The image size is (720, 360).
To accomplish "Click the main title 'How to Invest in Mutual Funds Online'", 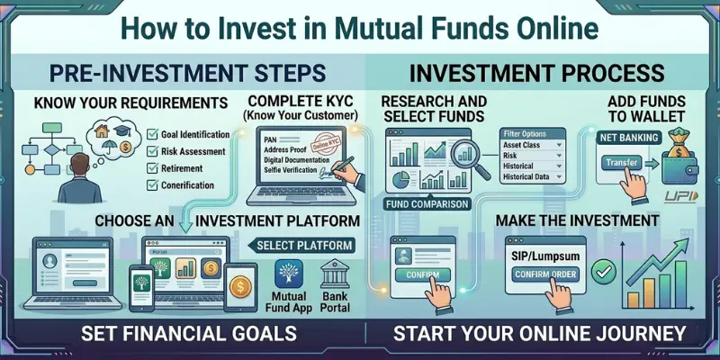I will coord(360,26).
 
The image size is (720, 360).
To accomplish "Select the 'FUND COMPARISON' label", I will coord(428,203).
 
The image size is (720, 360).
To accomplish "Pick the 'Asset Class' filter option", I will coord(526,144).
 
